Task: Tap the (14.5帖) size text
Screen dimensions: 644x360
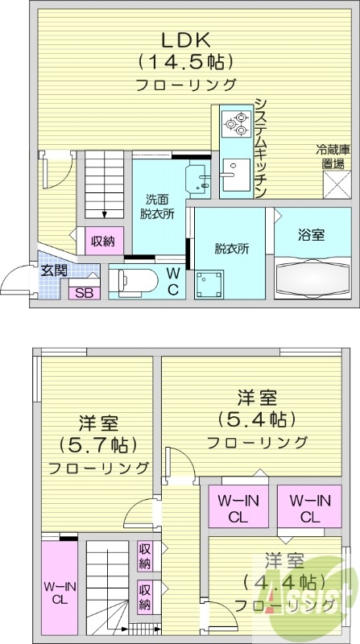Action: (x=185, y=61)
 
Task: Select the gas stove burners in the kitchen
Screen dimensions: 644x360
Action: (x=237, y=124)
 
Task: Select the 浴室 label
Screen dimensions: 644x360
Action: (x=311, y=235)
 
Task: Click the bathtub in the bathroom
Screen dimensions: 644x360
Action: (x=311, y=279)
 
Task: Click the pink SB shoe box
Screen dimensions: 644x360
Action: (x=83, y=293)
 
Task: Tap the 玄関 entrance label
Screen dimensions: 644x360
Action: (x=54, y=270)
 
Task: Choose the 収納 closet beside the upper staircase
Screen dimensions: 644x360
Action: (x=101, y=240)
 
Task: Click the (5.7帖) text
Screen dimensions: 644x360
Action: (x=98, y=444)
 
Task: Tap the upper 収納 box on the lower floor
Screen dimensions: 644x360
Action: (x=145, y=553)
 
